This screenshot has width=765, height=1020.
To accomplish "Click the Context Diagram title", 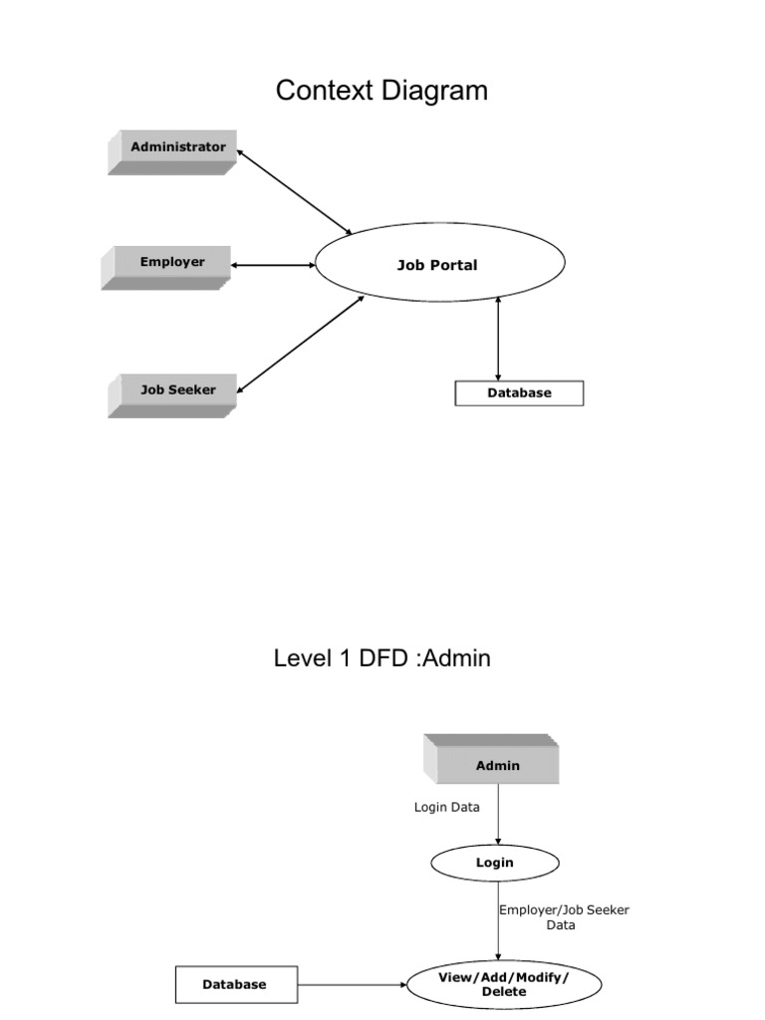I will point(382,91).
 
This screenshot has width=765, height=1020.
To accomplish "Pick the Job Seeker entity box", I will point(173,391).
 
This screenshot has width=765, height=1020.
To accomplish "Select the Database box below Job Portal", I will point(519,393).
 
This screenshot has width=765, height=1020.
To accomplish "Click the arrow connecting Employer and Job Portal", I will point(273,265).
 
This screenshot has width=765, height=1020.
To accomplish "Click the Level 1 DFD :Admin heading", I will point(382,658).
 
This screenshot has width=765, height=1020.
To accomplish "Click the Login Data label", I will point(446,807).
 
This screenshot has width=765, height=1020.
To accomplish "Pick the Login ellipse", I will point(495,863).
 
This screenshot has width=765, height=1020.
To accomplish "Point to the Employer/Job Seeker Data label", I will point(564,917).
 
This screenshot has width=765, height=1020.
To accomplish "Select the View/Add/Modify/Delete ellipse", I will point(504,985).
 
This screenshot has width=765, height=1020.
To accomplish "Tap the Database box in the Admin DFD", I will point(235,985).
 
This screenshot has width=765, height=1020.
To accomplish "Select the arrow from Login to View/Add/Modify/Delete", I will point(498,921).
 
